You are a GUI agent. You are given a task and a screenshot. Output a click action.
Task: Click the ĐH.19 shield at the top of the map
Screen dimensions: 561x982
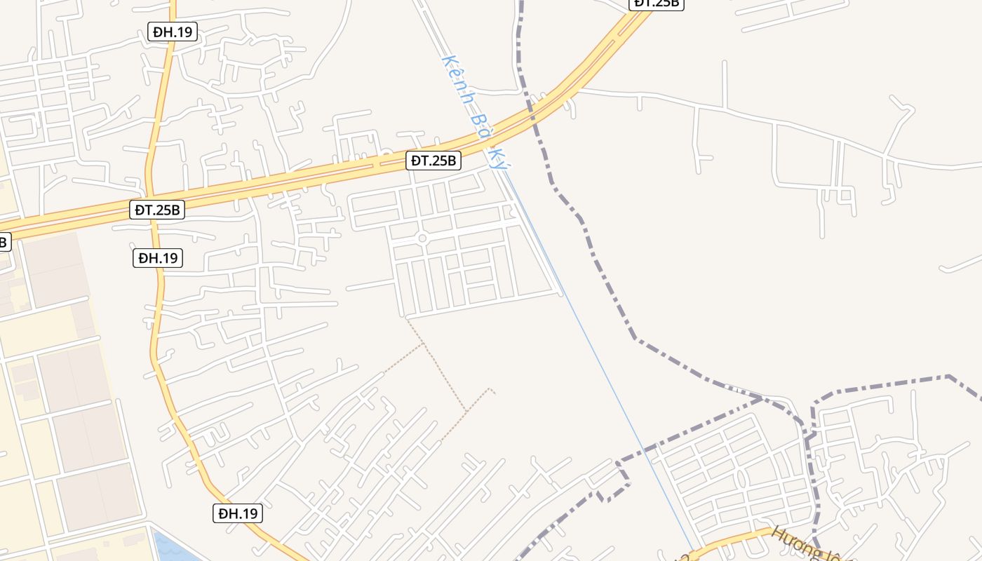point(173,31)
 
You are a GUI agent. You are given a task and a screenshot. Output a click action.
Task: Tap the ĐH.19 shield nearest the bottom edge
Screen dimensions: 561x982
point(238,513)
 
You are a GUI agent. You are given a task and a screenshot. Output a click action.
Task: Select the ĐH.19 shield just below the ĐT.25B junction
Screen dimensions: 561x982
point(158,258)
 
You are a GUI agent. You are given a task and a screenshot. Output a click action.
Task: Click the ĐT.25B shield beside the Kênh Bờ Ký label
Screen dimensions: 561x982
point(433,161)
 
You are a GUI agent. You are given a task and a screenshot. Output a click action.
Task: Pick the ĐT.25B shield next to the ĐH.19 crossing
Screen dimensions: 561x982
point(157,209)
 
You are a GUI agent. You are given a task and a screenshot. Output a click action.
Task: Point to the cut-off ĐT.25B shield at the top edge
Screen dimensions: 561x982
point(657,4)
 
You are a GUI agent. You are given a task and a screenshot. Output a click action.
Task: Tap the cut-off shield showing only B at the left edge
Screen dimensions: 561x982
point(4,242)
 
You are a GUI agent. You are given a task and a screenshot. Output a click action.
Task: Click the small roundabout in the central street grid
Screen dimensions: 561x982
point(422,238)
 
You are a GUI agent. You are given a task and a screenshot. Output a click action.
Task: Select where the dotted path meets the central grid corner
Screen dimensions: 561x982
point(407,318)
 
